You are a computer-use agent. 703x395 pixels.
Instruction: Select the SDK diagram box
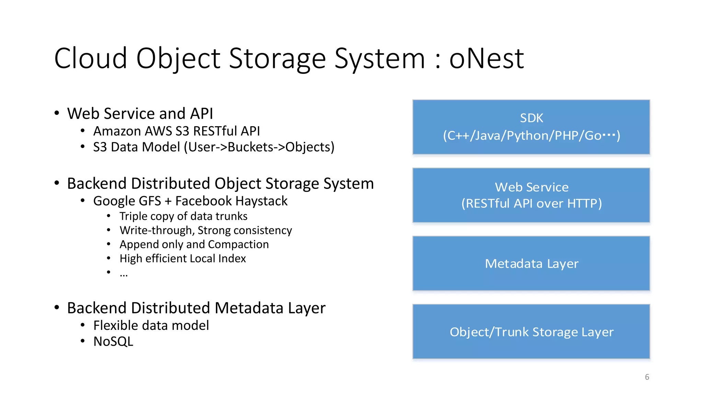531,127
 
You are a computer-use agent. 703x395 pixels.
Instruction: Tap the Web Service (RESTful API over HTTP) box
531,195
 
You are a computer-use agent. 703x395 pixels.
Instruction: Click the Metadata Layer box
531,263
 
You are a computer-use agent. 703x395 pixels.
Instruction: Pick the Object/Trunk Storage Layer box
531,332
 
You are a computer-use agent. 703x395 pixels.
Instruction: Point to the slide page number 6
647,377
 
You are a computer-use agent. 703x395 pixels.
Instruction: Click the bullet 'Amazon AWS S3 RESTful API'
176,131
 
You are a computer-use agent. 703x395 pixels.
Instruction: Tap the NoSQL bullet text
113,342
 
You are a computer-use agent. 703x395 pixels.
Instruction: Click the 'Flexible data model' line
151,325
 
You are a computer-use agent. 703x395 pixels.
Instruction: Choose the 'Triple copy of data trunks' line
183,216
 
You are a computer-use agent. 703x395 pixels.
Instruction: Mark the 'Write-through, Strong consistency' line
206,230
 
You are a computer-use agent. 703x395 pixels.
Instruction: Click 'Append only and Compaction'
194,244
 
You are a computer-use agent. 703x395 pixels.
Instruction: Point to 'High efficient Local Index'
183,259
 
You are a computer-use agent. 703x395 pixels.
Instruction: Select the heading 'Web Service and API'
140,113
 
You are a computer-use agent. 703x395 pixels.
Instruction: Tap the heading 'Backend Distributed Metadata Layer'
196,308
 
